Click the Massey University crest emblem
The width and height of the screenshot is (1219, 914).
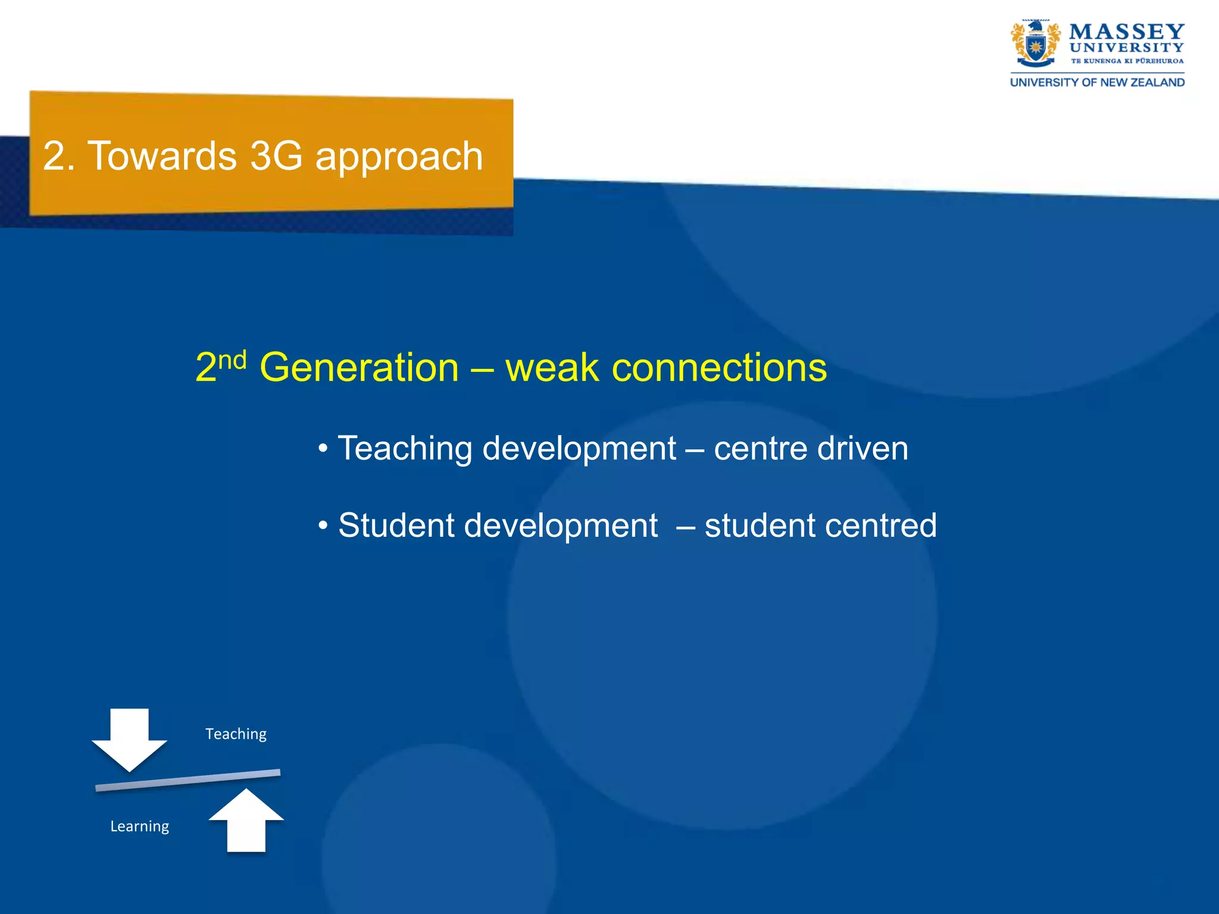click(1035, 44)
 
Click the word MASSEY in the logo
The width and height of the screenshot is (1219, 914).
click(1127, 32)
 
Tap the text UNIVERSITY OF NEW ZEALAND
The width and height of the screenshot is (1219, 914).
click(1097, 82)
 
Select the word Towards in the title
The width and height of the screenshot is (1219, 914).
click(162, 156)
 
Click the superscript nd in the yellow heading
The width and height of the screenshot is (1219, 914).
click(232, 361)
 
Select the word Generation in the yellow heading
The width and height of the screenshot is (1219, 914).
click(359, 368)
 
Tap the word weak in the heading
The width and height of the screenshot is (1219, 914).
click(551, 368)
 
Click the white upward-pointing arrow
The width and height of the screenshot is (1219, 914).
click(246, 821)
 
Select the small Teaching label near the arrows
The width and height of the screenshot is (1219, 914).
click(236, 734)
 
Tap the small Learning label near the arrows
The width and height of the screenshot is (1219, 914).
click(139, 827)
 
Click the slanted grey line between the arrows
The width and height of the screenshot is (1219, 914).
click(187, 780)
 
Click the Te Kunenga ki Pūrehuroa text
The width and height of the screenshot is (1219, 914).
click(1127, 61)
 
